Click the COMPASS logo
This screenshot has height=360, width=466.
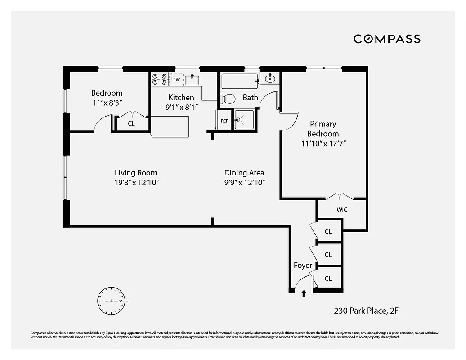pyautogui.click(x=387, y=39)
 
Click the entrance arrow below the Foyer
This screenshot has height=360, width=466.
pyautogui.click(x=304, y=293)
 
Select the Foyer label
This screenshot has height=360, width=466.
pyautogui.click(x=303, y=265)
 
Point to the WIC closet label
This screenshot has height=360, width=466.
pyautogui.click(x=342, y=210)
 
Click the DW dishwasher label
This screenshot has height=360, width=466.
pyautogui.click(x=176, y=80)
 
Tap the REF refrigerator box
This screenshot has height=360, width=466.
pyautogui.click(x=224, y=121)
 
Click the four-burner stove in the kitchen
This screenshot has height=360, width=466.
pyautogui.click(x=159, y=79)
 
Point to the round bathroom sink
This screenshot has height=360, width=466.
pyautogui.click(x=270, y=79)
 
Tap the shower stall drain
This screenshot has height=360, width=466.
pyautogui.click(x=238, y=120)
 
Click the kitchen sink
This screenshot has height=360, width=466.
pyautogui.click(x=192, y=81)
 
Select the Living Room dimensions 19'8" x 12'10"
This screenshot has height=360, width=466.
pyautogui.click(x=136, y=183)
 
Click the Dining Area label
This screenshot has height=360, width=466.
pyautogui.click(x=244, y=173)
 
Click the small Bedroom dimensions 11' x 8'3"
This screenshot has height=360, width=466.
pyautogui.click(x=107, y=103)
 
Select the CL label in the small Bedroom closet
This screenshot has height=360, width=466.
pyautogui.click(x=131, y=123)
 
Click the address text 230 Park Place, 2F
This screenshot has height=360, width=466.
pyautogui.click(x=366, y=310)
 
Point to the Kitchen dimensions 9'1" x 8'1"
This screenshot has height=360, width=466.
pyautogui.click(x=181, y=107)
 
